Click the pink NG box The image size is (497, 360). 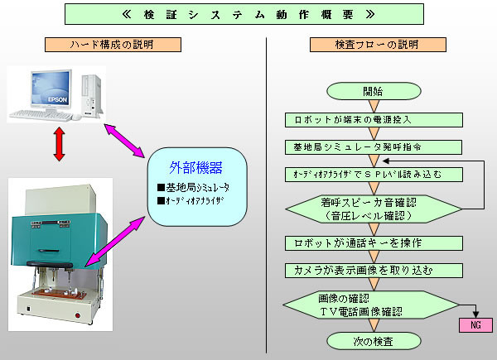tap(475, 325)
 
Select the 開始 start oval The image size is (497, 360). tap(374, 91)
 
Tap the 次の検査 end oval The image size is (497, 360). tap(374, 341)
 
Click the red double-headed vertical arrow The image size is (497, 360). tap(60, 144)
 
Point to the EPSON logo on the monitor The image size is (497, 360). tap(58, 99)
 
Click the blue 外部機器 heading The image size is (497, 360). tap(195, 167)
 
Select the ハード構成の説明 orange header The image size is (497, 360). tap(113, 45)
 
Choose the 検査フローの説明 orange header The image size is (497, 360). tap(378, 45)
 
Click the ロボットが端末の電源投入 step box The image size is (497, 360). tap(374, 120)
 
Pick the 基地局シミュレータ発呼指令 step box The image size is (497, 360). tap(374, 147)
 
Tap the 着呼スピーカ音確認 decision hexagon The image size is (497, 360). tap(374, 209)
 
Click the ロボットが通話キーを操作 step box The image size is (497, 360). tap(374, 243)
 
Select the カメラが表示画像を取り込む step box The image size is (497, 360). tap(374, 271)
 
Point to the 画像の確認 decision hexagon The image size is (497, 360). tap(371, 305)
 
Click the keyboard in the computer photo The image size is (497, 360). tap(41, 115)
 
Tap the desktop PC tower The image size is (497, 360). tap(92, 95)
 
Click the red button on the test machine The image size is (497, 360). tap(78, 315)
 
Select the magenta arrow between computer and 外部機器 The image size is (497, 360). tap(124, 141)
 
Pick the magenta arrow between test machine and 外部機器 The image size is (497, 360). tap(115, 242)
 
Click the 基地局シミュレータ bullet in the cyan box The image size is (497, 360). tap(193, 188)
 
